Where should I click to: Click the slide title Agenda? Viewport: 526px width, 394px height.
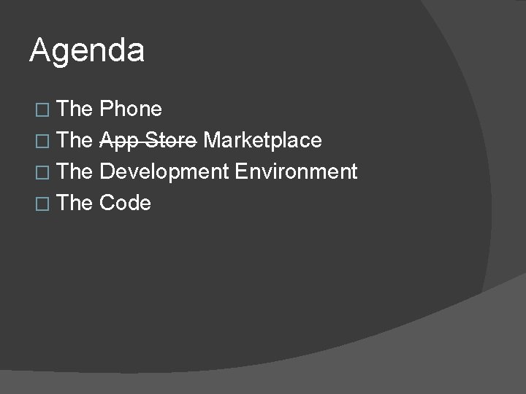(87, 51)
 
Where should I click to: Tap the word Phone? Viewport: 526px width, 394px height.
(131, 109)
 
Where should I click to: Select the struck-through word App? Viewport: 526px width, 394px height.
(117, 140)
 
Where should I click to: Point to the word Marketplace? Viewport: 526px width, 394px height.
(262, 140)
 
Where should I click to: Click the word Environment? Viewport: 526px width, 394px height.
(296, 171)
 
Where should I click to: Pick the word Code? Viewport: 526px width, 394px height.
(125, 203)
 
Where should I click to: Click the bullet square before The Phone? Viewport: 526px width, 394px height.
(41, 110)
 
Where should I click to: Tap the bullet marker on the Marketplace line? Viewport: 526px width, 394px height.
(41, 141)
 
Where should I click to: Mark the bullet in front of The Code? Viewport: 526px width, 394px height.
(41, 204)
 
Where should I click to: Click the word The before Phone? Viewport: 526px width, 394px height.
(74, 109)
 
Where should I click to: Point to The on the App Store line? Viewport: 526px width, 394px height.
(74, 140)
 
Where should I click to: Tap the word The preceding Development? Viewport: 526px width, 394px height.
(74, 171)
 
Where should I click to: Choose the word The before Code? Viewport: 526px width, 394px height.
(74, 203)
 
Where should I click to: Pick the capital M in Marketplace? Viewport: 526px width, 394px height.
(212, 140)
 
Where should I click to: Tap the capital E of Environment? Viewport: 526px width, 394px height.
(241, 171)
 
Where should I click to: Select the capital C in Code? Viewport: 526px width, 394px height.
(107, 203)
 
